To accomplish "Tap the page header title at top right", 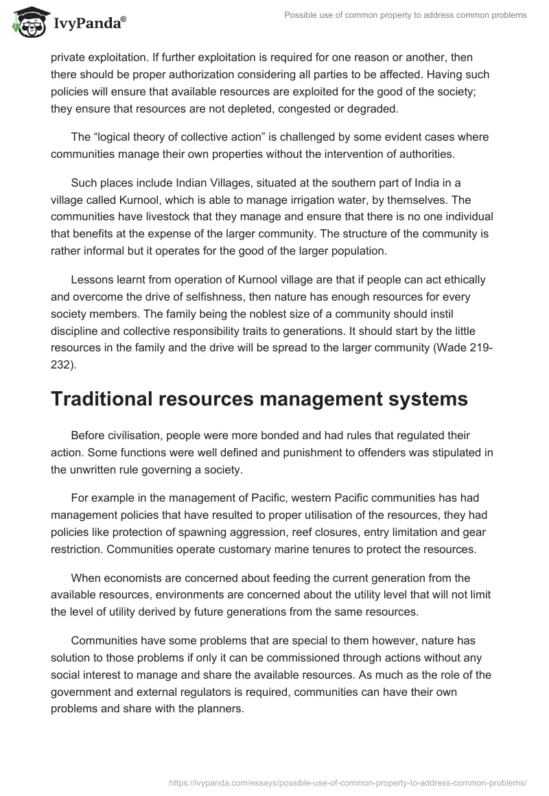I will point(406,15).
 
